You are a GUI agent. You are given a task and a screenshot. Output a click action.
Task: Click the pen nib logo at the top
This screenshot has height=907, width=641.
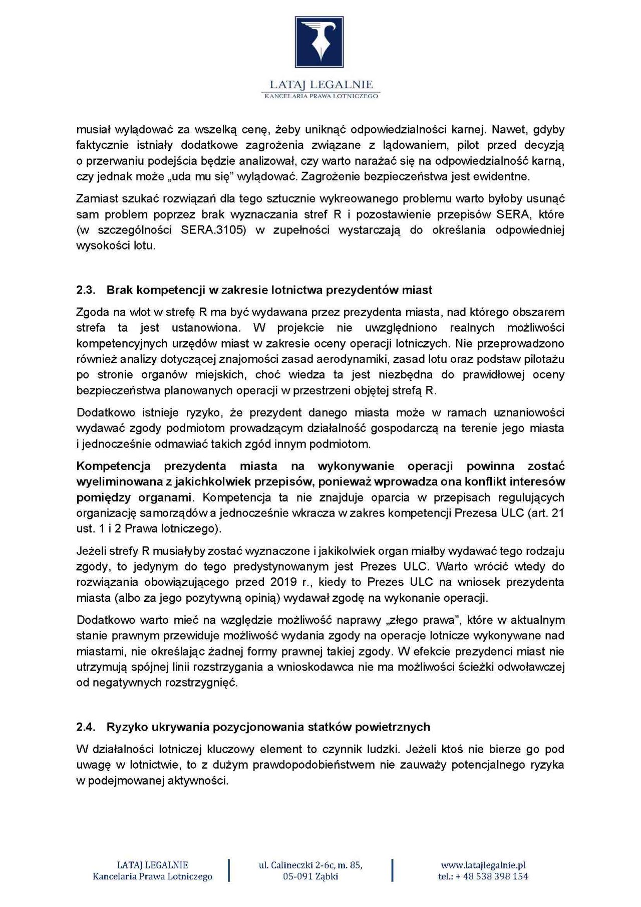click(x=319, y=42)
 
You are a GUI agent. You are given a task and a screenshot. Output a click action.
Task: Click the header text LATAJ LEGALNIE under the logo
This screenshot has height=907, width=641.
click(x=321, y=85)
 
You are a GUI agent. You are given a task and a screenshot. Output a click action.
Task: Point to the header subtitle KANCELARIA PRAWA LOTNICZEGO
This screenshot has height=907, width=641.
click(x=321, y=96)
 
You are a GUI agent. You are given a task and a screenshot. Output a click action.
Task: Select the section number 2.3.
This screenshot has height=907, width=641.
click(x=86, y=290)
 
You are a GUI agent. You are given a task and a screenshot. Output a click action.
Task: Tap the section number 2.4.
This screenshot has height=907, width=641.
click(x=86, y=727)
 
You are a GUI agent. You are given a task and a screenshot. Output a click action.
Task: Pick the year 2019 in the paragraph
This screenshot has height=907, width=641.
click(x=283, y=582)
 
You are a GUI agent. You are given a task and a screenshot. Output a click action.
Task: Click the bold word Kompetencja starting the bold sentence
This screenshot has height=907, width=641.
click(x=114, y=466)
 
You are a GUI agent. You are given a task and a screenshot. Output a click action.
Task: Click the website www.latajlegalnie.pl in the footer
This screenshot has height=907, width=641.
click(x=483, y=865)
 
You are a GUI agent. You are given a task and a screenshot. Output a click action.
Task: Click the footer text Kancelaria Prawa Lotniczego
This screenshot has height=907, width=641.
click(x=152, y=876)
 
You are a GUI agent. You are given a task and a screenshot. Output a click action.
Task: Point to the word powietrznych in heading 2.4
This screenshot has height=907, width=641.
click(x=399, y=727)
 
